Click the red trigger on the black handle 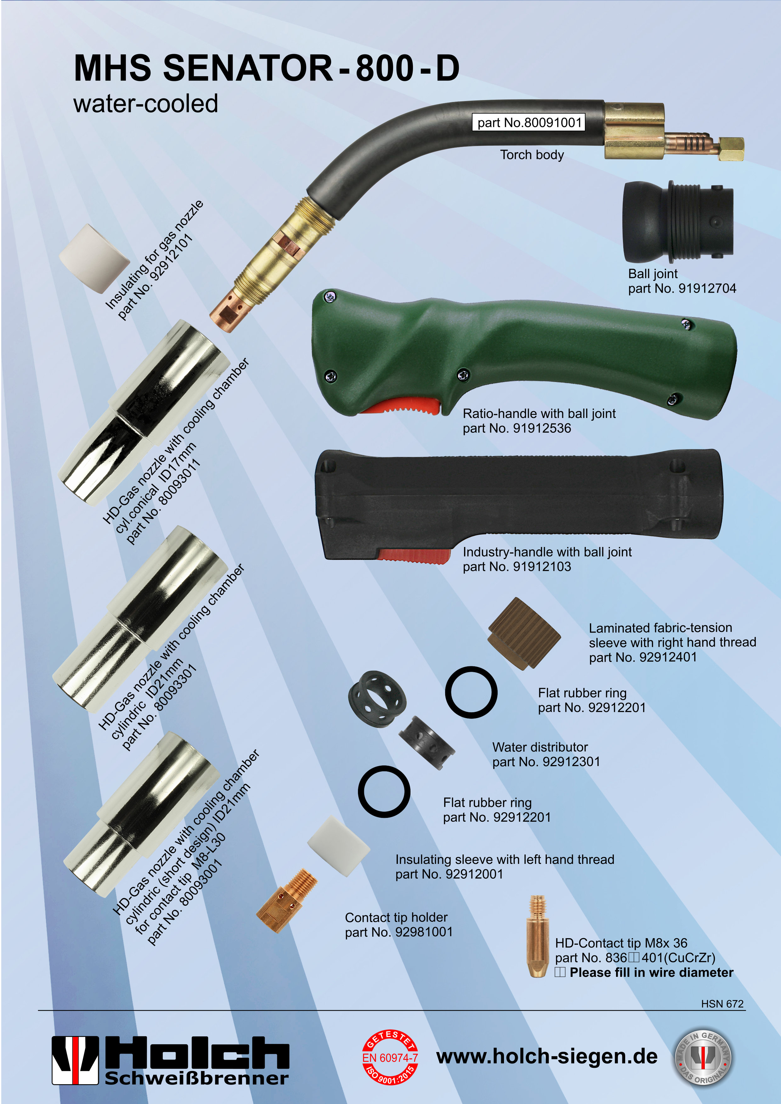[414, 555]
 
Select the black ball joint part [678, 222]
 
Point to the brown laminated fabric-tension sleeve [524, 633]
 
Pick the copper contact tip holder [287, 900]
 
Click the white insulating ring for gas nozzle [94, 258]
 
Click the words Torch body [532, 155]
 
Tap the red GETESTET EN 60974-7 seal [390, 1057]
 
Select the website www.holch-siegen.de [547, 1056]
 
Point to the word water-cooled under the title [146, 103]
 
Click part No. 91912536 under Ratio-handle [517, 428]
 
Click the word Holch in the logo [197, 1052]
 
